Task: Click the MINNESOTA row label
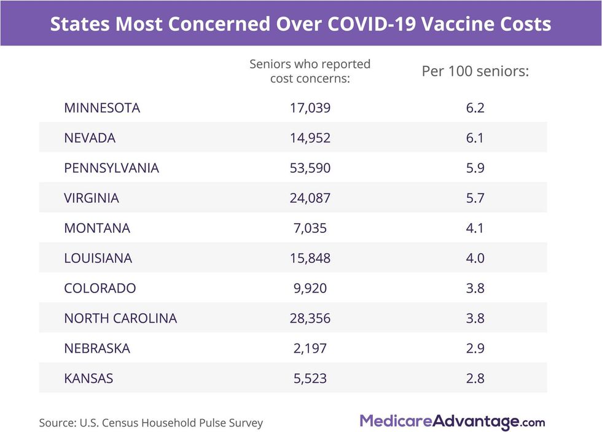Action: [x=102, y=108]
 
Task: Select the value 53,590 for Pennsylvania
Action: [x=310, y=168]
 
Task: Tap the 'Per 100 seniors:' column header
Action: [x=475, y=71]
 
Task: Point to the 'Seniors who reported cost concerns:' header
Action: [x=310, y=71]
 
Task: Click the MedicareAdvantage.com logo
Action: [x=452, y=422]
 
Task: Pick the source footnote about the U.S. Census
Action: [x=151, y=423]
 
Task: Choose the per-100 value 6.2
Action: [x=475, y=108]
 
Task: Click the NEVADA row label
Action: [x=90, y=138]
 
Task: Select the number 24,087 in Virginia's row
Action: [x=310, y=198]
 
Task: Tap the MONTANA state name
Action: [x=97, y=228]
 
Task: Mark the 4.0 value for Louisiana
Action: [x=475, y=258]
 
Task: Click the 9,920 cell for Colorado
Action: [x=310, y=288]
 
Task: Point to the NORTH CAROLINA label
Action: [x=120, y=318]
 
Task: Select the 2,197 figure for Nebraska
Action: [x=310, y=348]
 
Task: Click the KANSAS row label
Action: [x=88, y=379]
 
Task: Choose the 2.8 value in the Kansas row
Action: [x=475, y=379]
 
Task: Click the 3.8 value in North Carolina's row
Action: [x=475, y=318]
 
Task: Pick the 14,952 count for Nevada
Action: [x=310, y=138]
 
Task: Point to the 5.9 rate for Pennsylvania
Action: [x=475, y=168]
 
